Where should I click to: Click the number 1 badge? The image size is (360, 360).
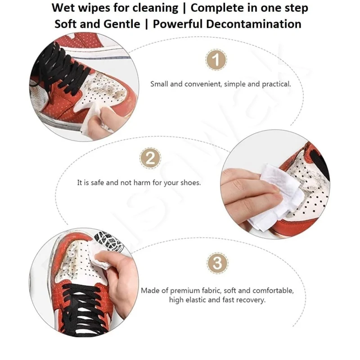pyautogui.click(x=216, y=60)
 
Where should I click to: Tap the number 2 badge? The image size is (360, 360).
pyautogui.click(x=150, y=158)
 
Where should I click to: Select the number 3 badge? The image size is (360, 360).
pyautogui.click(x=217, y=263)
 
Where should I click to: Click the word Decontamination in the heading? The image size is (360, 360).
pyautogui.click(x=254, y=24)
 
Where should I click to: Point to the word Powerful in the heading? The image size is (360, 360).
pyautogui.click(x=178, y=24)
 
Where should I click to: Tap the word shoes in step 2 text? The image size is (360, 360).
pyautogui.click(x=190, y=183)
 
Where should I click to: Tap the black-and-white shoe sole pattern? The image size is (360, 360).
pyautogui.click(x=108, y=242)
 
